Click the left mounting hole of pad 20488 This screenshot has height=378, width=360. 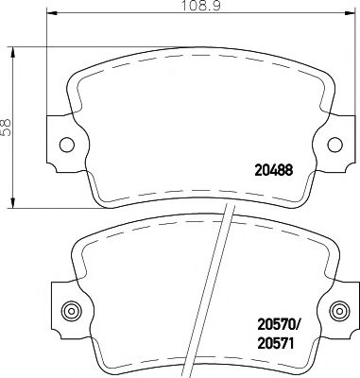(x=65, y=145)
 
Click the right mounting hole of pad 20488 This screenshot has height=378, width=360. (x=334, y=145)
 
